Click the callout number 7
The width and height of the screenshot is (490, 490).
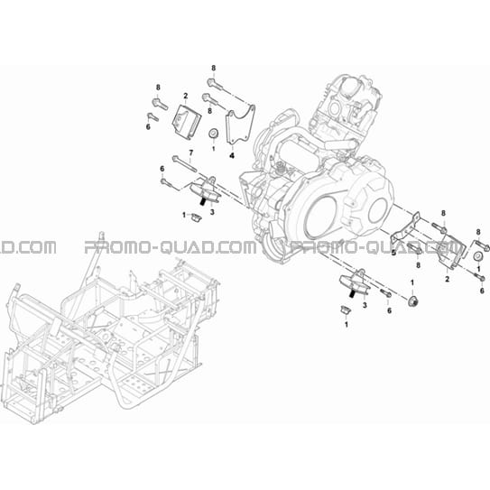(190, 153)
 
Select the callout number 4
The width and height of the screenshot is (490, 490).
(232, 155)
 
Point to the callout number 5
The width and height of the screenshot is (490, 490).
(393, 253)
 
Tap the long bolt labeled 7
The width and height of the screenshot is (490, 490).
(184, 163)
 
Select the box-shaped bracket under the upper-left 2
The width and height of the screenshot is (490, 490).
(186, 120)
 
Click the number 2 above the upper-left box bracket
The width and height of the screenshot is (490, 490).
(186, 96)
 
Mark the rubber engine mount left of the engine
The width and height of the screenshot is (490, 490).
(206, 190)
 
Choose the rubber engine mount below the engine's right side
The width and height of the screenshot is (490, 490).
(355, 282)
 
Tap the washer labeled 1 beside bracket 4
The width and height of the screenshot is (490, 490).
(214, 134)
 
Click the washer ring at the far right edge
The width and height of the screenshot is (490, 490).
(477, 256)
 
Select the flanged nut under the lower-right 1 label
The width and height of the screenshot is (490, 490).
(412, 301)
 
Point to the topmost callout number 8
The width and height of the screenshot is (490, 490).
(214, 68)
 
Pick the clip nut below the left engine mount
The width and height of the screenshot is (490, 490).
(196, 217)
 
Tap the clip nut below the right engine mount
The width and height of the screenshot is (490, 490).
(346, 310)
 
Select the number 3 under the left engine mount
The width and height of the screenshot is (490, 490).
(212, 212)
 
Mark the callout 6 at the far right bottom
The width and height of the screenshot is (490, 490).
(482, 291)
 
